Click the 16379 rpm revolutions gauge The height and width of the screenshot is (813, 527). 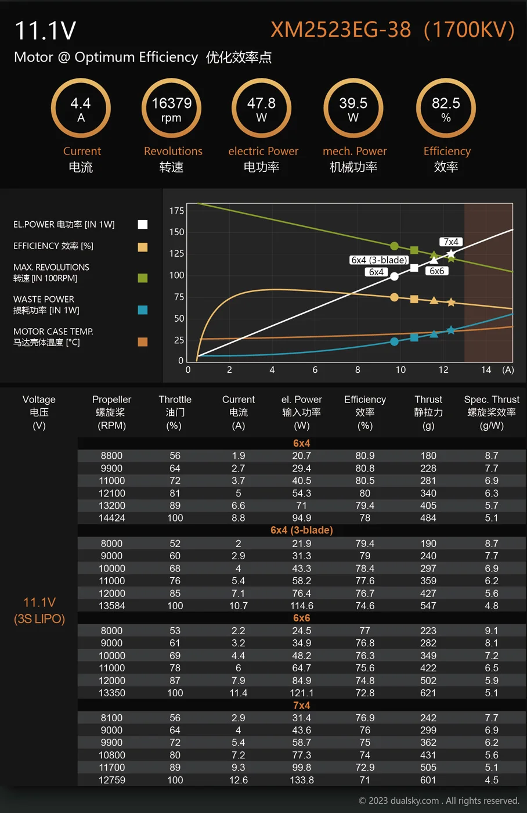171,109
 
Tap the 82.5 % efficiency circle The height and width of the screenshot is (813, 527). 446,109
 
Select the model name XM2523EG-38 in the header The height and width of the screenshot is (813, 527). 341,30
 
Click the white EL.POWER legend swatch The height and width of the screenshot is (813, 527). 143,225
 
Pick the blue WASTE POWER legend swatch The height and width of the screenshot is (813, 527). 143,310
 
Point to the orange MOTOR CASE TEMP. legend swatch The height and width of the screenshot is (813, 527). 143,342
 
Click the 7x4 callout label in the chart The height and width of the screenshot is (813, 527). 451,242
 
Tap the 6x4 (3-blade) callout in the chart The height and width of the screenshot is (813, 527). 379,260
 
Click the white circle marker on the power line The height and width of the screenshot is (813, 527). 394,276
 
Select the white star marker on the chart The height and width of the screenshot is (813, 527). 451,254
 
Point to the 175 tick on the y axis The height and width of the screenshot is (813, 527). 176,211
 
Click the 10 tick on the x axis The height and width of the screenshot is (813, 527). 400,370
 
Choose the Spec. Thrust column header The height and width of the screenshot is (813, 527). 492,412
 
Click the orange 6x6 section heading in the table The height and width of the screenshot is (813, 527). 301,618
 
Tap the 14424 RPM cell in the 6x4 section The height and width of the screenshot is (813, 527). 112,518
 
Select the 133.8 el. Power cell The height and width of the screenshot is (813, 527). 302,780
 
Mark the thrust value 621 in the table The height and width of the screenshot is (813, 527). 428,693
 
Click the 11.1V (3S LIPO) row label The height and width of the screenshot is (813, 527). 39,610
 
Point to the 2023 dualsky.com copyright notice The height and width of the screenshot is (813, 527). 439,801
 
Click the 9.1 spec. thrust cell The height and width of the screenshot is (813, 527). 492,631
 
